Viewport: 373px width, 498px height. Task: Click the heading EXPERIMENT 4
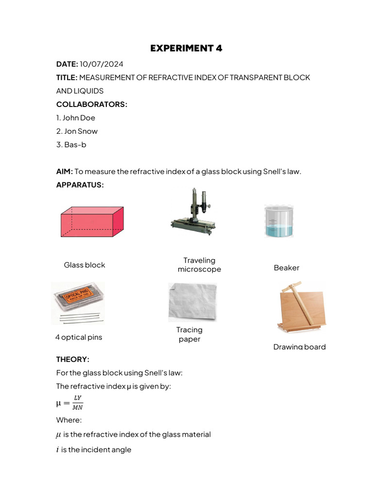(186, 48)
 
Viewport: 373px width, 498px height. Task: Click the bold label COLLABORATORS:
(92, 104)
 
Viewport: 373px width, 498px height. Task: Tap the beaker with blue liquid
(279, 221)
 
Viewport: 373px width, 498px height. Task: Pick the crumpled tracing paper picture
(192, 302)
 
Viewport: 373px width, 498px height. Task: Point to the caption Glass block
(85, 265)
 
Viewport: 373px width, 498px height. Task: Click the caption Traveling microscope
(199, 265)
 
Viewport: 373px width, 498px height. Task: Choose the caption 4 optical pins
(79, 337)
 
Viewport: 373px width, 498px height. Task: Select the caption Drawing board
(299, 347)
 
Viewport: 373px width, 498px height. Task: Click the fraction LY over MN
(77, 403)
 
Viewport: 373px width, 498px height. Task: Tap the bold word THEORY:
(73, 359)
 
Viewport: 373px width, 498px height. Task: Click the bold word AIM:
(65, 171)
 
